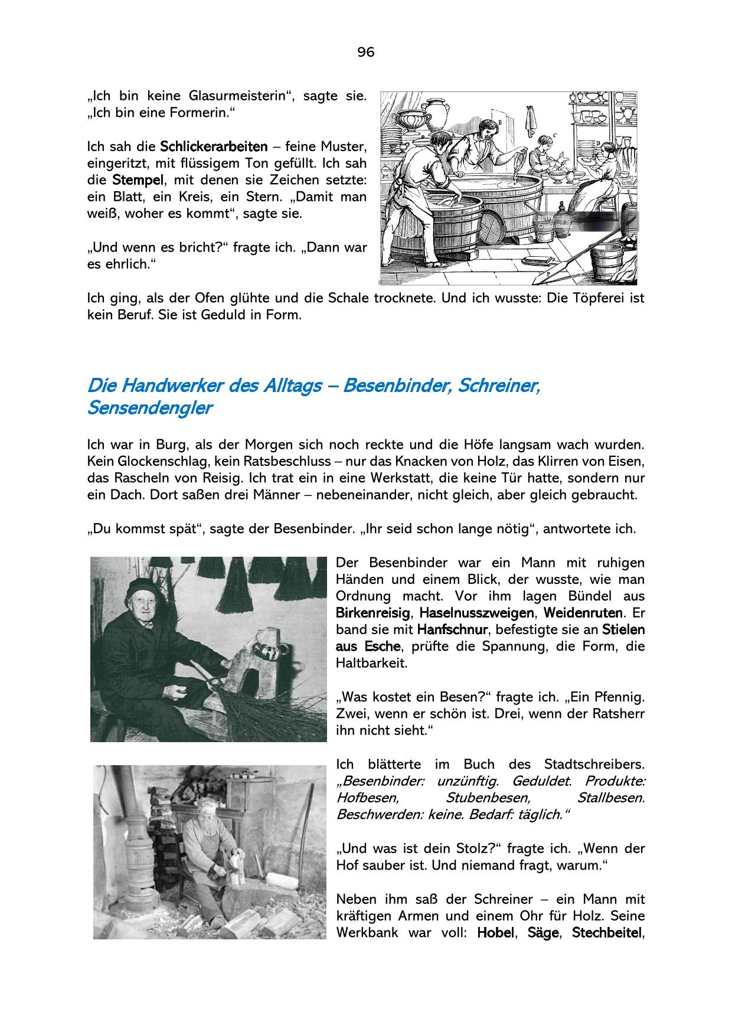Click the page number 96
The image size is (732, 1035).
[365, 53]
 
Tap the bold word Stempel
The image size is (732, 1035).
[139, 179]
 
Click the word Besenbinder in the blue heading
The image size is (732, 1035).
[395, 386]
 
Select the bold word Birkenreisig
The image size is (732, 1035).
[372, 613]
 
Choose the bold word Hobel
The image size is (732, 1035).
[495, 933]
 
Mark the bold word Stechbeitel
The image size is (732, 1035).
[607, 933]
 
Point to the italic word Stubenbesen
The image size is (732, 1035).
[488, 798]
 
